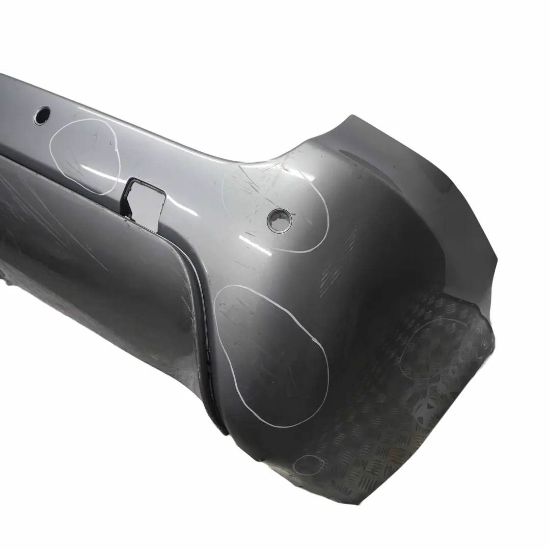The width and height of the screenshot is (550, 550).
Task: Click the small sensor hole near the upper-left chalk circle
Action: [x=42, y=115]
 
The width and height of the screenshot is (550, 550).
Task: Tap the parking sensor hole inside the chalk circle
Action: [x=280, y=221]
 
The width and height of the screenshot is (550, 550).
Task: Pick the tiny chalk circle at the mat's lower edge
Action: [x=309, y=464]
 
